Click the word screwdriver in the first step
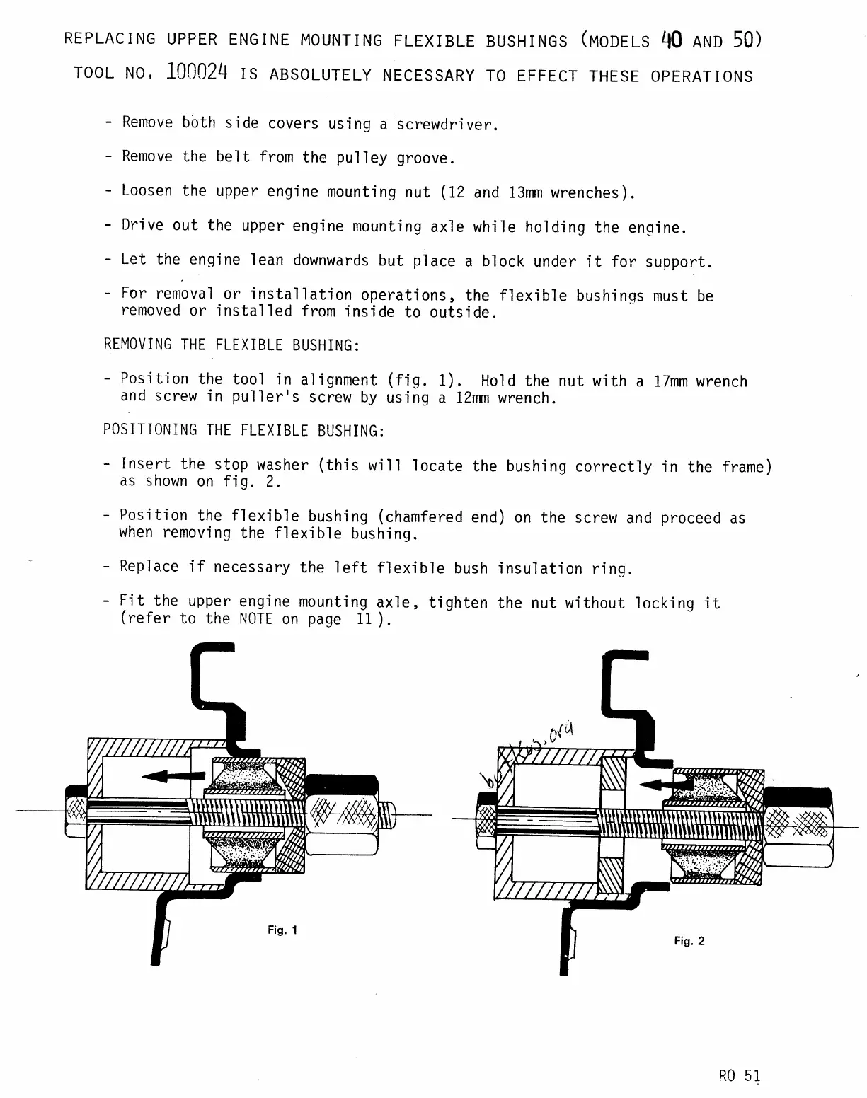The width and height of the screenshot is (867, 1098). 447,125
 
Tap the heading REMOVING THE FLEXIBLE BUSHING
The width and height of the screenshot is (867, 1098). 231,345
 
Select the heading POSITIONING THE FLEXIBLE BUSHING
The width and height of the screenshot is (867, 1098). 244,431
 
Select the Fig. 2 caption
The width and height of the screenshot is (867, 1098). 689,941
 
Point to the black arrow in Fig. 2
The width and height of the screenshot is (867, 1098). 672,783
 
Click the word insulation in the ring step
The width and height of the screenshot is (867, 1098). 540,569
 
